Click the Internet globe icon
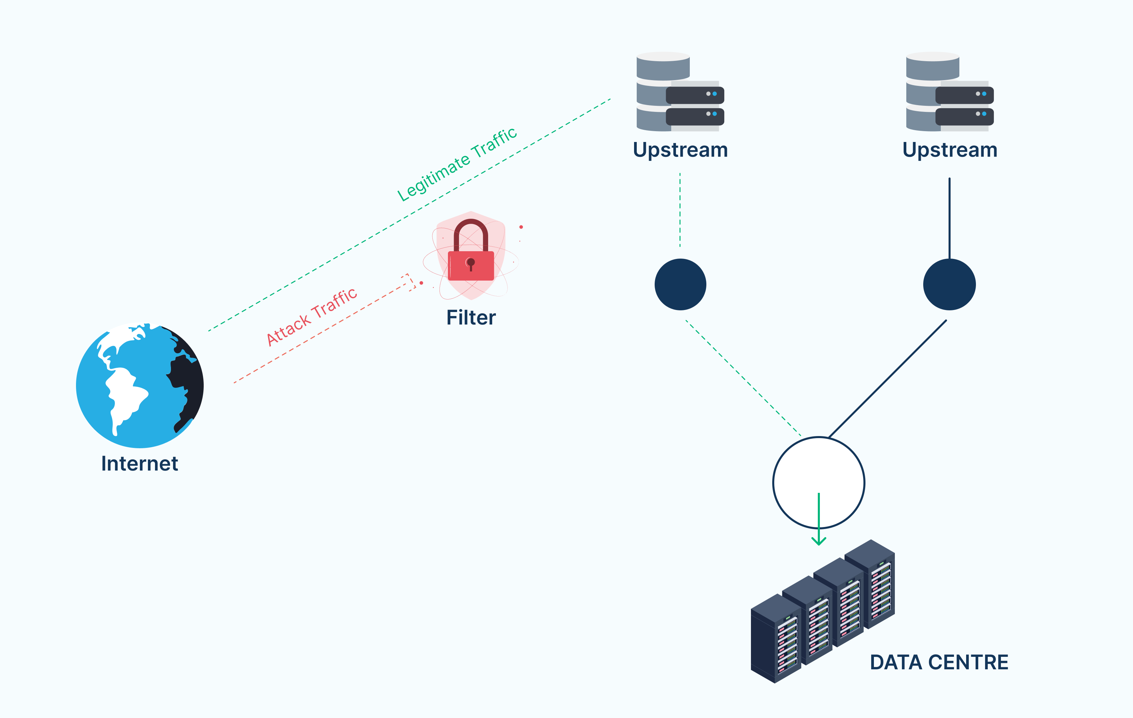(140, 385)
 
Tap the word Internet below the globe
(140, 464)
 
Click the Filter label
(471, 318)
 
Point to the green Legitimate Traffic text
(457, 164)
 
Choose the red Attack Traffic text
(311, 317)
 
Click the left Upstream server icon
(680, 92)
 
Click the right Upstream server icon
(950, 92)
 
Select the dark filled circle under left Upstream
(680, 284)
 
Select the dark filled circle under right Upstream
(950, 284)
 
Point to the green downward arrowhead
(819, 541)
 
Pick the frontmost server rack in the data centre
(776, 638)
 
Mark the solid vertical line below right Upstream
(950, 218)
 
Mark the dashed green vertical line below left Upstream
(680, 210)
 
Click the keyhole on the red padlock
(471, 264)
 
